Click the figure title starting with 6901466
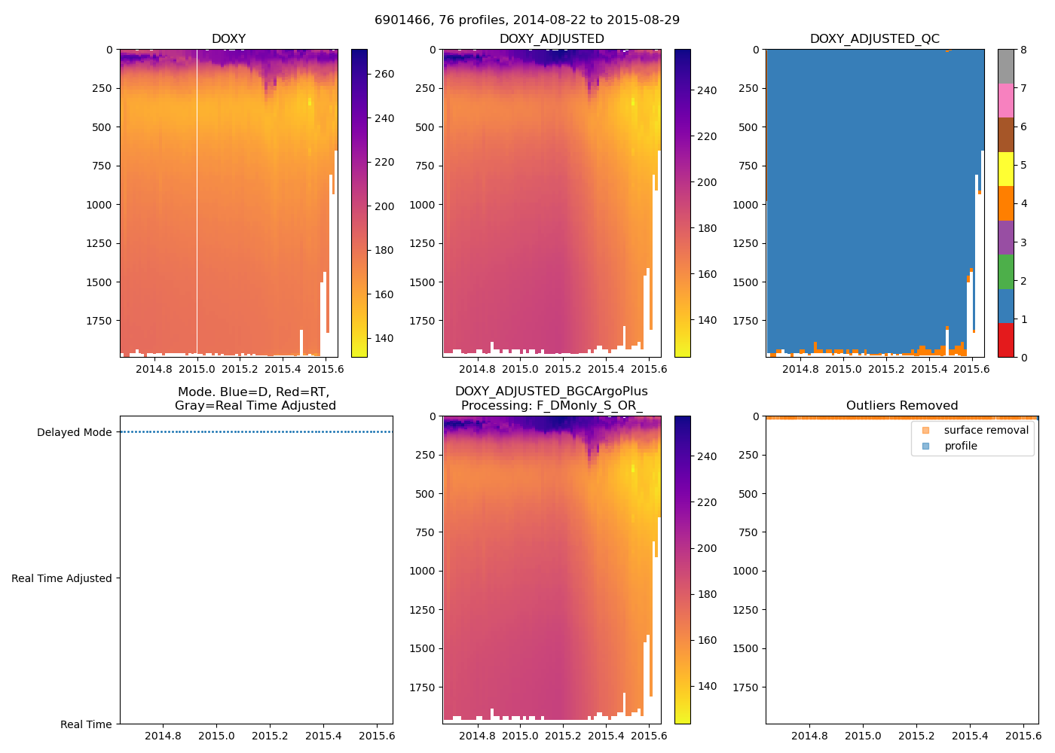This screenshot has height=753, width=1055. click(x=527, y=20)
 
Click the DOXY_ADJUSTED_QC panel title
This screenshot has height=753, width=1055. click(x=874, y=38)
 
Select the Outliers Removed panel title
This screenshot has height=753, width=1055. click(x=901, y=405)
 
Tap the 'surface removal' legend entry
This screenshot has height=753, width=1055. click(x=986, y=430)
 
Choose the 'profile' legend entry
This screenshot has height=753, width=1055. click(x=961, y=446)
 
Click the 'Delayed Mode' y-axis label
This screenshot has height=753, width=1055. click(x=74, y=432)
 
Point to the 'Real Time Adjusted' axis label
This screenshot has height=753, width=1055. click(x=61, y=578)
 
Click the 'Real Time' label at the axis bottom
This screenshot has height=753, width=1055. click(x=86, y=724)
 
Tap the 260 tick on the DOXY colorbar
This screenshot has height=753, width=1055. click(x=384, y=74)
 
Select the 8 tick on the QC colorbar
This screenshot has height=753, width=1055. click(x=1023, y=50)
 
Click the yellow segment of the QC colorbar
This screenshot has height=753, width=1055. click(x=1005, y=169)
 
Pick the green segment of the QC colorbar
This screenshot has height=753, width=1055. click(x=1005, y=272)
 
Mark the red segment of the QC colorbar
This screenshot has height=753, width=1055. click(x=1005, y=340)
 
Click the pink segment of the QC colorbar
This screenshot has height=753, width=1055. click(x=1005, y=100)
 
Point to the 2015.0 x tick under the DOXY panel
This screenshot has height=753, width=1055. click(x=197, y=369)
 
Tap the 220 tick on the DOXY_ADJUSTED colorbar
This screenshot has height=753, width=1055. click(x=707, y=136)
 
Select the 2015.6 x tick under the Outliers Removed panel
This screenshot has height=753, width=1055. click(x=1023, y=736)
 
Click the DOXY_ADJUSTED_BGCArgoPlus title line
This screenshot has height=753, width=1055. click(x=551, y=392)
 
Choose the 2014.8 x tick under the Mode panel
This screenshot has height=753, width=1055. click(x=163, y=736)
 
